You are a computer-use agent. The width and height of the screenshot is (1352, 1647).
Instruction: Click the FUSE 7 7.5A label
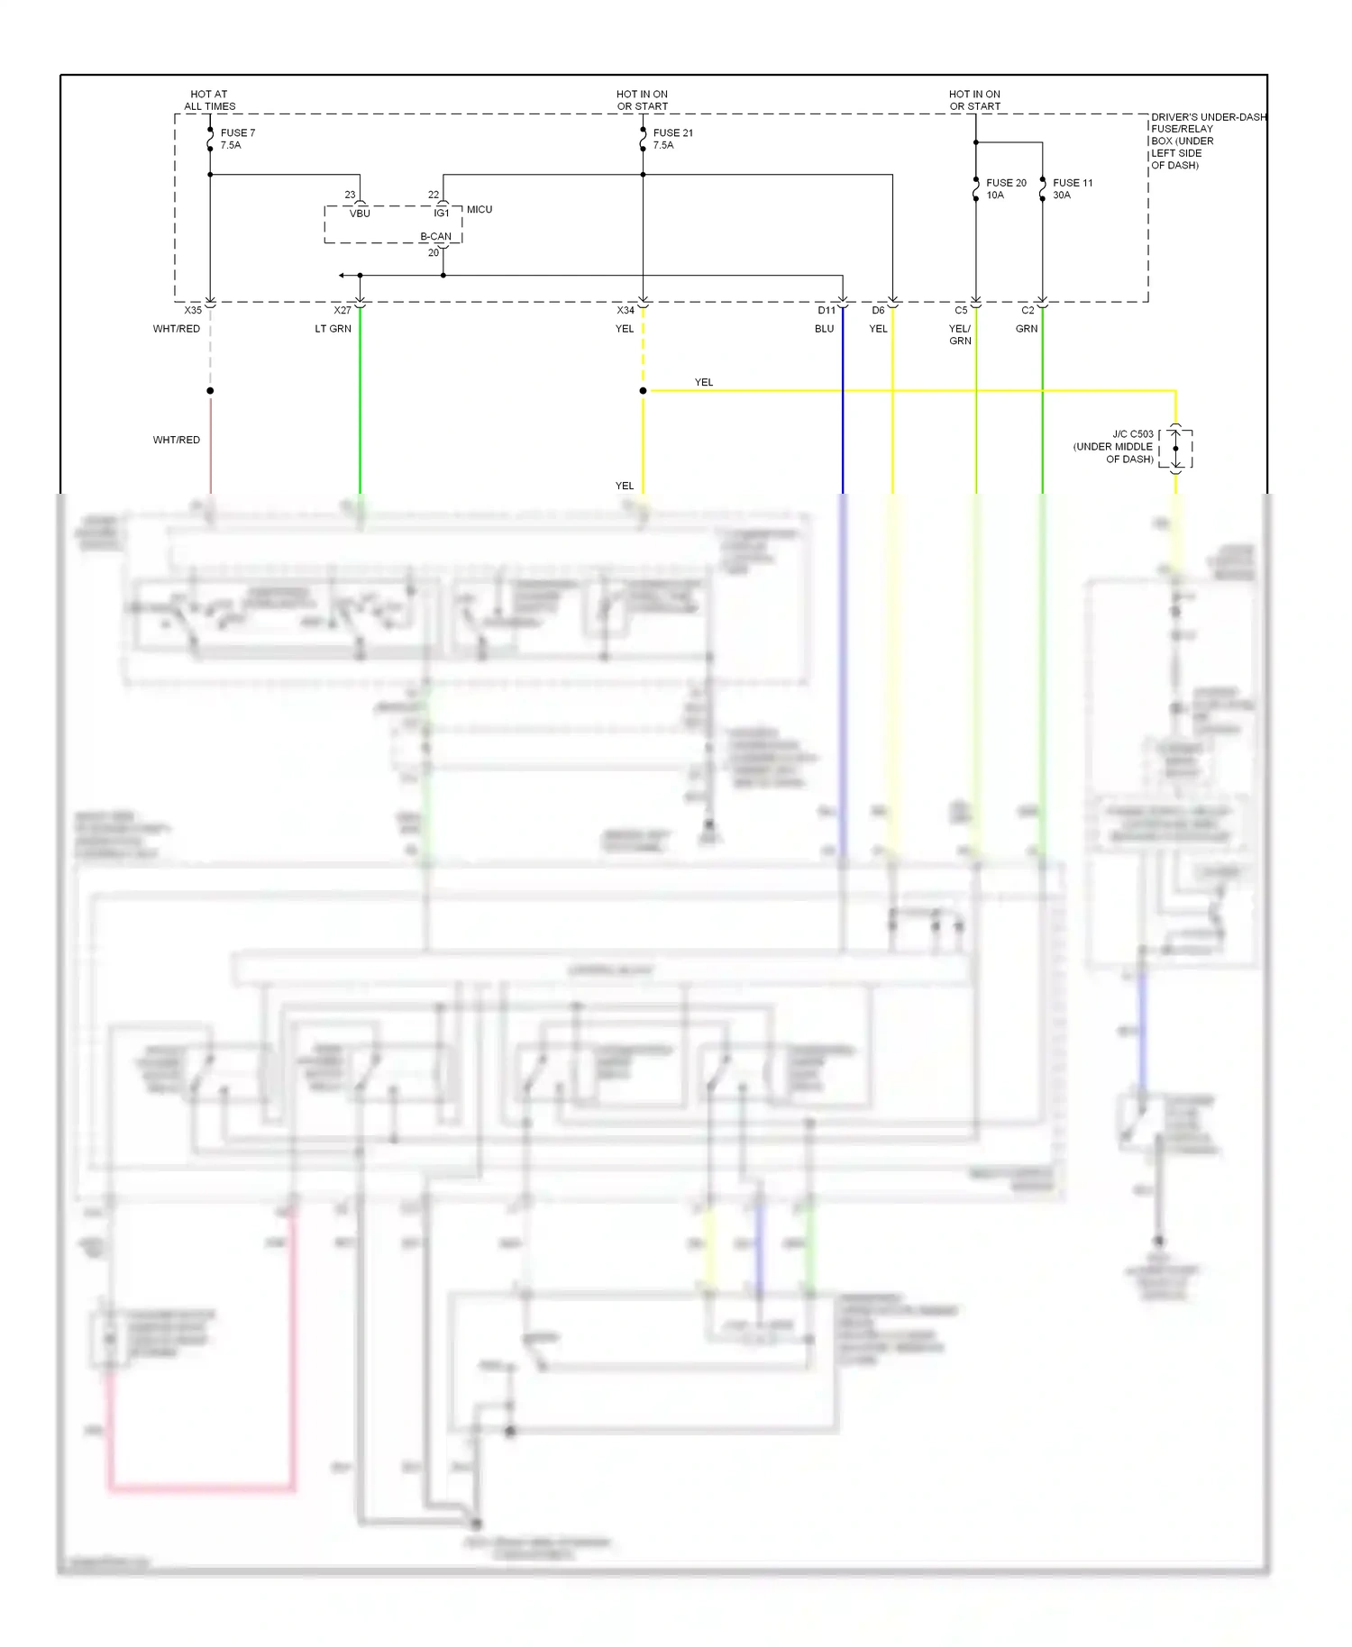pos(237,139)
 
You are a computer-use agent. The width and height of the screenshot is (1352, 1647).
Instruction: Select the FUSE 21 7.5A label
pos(672,139)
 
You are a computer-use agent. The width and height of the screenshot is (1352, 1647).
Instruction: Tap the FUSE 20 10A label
pos(1005,188)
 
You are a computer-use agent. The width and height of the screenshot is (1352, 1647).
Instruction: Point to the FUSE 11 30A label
pos(1072,188)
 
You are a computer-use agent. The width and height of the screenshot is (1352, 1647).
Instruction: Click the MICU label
pos(480,209)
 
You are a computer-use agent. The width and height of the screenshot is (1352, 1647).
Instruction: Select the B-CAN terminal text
pos(435,237)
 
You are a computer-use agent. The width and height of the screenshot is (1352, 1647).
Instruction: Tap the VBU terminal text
pos(360,214)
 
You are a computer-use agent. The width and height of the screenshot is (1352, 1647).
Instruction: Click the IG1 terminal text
pos(442,214)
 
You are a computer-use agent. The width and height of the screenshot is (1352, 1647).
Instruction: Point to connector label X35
pos(193,311)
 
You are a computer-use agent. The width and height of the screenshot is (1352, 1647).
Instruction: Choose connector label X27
pos(343,311)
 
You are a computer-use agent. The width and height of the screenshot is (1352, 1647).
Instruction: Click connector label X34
pos(626,311)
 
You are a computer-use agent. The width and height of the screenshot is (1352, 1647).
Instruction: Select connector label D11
pos(827,311)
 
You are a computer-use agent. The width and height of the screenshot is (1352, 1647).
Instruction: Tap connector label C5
pos(961,311)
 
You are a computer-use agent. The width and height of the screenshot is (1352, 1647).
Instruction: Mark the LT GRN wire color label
pos(333,329)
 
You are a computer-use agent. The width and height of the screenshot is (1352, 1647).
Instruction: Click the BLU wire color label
pos(824,329)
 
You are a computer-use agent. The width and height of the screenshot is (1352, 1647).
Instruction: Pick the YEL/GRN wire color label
pos(960,334)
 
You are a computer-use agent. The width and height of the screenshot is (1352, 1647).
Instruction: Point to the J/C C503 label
pos(1114,446)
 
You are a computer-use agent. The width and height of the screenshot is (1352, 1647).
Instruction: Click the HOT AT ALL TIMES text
pos(209,100)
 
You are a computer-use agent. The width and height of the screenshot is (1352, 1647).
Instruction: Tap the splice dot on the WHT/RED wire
pos(210,391)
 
